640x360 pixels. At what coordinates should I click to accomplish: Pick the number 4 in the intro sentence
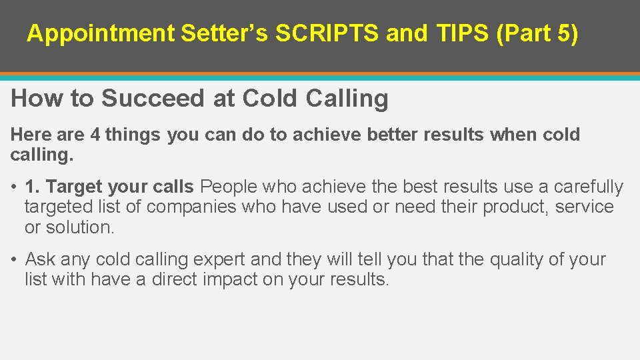[x=95, y=135]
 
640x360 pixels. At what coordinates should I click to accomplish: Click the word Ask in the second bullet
[x=39, y=259]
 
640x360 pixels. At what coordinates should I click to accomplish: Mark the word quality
[x=516, y=259]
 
